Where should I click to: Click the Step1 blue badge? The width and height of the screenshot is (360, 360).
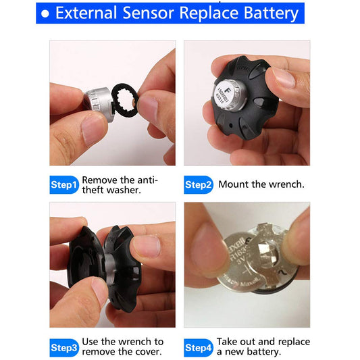click(x=65, y=185)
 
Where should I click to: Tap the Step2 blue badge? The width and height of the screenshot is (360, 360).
click(x=199, y=185)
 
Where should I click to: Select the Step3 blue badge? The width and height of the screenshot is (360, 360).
click(x=65, y=347)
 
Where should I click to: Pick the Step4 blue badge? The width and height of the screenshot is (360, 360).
click(x=199, y=347)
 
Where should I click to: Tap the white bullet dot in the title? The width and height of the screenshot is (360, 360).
click(x=45, y=14)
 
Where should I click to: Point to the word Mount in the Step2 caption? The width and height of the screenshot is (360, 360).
click(x=233, y=184)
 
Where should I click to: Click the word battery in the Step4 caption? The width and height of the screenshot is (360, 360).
click(x=265, y=352)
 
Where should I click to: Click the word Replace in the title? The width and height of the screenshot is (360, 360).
click(x=210, y=13)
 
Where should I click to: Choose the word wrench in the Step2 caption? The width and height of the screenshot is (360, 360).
click(x=286, y=184)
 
